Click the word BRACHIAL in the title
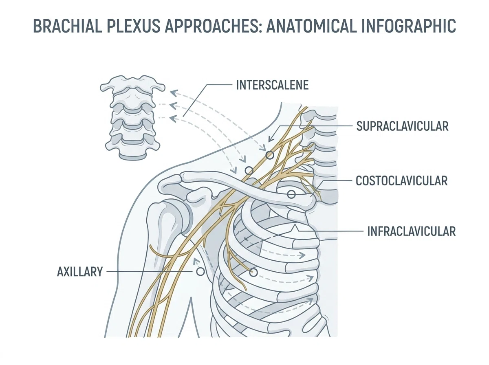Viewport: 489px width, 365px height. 67,26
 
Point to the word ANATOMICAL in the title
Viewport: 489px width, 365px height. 313,26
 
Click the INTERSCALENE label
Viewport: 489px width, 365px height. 272,85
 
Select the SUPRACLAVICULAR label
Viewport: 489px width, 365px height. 402,126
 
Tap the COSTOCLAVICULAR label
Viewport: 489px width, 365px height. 401,180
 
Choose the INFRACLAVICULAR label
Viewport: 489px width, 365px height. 411,231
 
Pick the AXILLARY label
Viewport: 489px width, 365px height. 80,272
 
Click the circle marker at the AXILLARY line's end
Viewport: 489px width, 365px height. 200,272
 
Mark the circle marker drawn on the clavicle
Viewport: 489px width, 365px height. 291,194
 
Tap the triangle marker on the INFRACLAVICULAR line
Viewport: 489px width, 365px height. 295,229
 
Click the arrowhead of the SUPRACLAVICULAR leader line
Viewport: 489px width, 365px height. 270,140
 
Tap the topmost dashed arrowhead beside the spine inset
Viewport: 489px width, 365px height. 173,93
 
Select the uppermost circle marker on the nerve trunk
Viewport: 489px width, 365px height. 270,155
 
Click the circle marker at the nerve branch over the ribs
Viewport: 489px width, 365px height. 253,273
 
